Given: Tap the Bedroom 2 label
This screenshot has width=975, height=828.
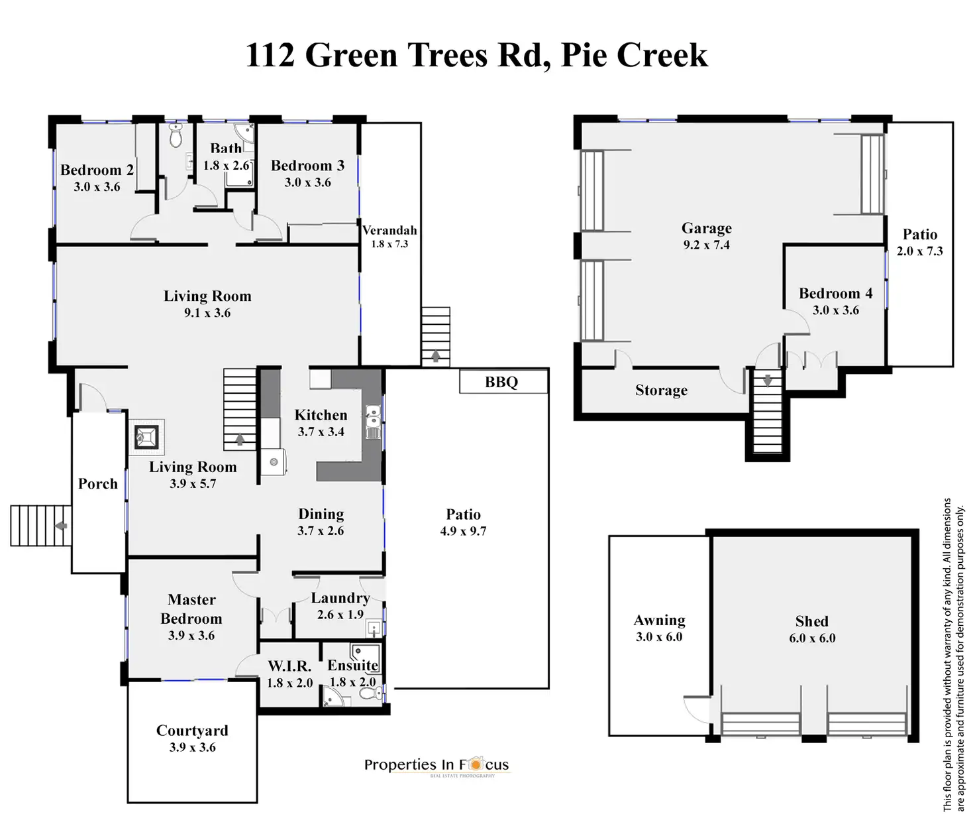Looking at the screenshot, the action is coord(97,170).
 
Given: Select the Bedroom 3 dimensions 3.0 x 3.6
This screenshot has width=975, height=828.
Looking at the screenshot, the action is coord(307,182).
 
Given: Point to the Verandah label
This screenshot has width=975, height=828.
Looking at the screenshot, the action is coord(389,230).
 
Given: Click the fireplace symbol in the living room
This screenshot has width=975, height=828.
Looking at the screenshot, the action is coord(146,437).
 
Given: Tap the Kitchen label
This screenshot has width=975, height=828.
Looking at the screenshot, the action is coord(321,415).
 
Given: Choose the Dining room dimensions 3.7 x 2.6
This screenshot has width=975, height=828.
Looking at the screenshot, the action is coord(321,531).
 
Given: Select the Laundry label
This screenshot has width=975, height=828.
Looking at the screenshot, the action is coord(340,598).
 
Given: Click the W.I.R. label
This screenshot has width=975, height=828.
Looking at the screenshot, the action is coord(289,666).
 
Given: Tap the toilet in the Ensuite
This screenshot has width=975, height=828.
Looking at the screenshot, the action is coord(368,694).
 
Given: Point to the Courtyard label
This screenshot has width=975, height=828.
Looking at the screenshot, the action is coord(192,731).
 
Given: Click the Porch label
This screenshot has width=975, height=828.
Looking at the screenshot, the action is coord(98,484).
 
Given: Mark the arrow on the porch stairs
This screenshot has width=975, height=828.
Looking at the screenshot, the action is coord(61,526).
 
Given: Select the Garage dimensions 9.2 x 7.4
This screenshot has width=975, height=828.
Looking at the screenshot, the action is coord(706,245).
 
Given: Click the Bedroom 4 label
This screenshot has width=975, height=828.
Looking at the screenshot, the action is coord(835,293).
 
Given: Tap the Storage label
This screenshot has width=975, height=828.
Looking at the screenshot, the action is coord(661,390).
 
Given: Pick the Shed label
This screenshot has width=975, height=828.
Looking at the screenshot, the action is coord(811,621).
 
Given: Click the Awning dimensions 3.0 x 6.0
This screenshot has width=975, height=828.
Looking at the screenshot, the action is coord(658,637).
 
